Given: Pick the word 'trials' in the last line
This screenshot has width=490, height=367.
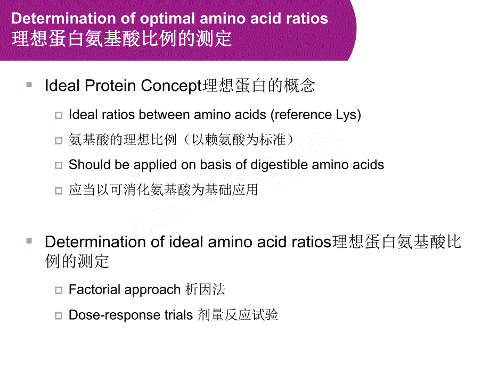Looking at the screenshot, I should [x=175, y=315].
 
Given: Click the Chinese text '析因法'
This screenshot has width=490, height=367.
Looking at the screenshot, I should [x=206, y=290].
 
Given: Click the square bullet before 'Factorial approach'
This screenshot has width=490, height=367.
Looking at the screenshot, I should [x=59, y=290].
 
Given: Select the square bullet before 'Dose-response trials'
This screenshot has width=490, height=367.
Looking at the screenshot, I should [x=59, y=315].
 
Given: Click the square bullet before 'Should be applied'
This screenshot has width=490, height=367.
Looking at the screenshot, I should [x=59, y=165].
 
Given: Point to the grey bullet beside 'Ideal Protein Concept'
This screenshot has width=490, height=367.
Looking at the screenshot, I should [x=29, y=85].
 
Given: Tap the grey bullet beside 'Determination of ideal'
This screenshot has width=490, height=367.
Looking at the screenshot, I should [x=29, y=241].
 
